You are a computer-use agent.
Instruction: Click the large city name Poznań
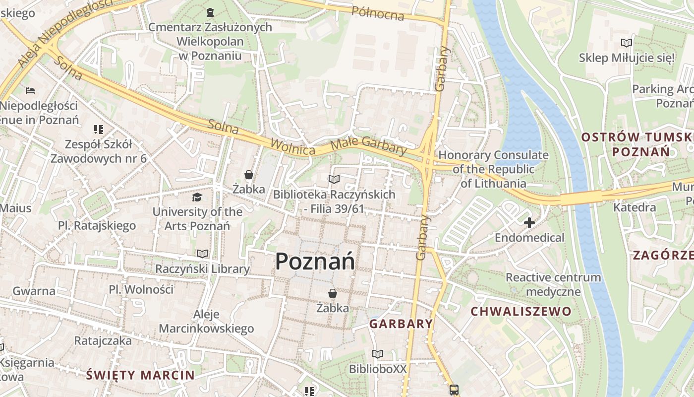tap(315, 261)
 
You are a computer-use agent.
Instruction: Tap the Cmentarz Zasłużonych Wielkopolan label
tap(210, 41)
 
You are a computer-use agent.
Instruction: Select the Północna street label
tap(378, 13)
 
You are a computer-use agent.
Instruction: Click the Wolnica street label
tap(293, 147)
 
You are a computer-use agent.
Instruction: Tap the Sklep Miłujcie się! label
tap(627, 58)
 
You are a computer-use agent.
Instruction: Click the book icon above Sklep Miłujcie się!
tap(627, 43)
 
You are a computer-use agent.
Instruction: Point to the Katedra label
tap(635, 207)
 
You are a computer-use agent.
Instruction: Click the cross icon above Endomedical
tap(529, 223)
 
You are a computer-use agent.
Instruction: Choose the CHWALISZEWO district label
tap(520, 312)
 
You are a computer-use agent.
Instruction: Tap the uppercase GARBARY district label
tap(401, 324)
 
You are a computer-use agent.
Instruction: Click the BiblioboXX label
tap(378, 369)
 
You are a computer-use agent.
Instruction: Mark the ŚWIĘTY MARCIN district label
tap(140, 375)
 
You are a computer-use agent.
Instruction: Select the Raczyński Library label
tap(202, 269)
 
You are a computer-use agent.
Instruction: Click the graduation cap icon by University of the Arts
tap(197, 198)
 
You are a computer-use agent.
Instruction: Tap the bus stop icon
tap(454, 390)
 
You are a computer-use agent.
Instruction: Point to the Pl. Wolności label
tap(141, 289)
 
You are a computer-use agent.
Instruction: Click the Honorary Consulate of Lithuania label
tap(493, 169)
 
